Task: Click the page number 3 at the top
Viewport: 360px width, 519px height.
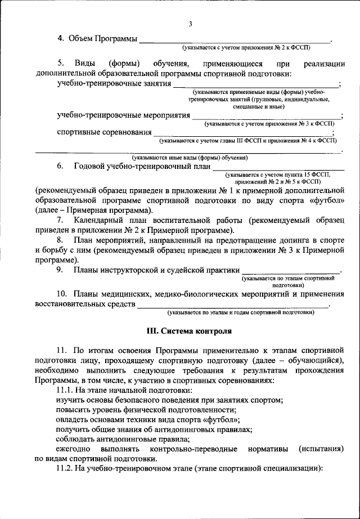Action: [191, 24]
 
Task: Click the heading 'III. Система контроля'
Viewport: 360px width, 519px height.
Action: [189, 331]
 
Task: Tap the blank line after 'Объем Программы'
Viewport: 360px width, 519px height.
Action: [235, 41]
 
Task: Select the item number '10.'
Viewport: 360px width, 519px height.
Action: [63, 294]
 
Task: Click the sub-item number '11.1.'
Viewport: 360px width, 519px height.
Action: [66, 390]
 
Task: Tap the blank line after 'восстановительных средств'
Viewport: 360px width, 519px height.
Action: [233, 305]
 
